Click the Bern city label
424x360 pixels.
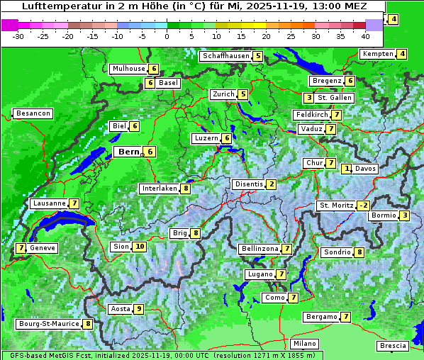pos(129,152)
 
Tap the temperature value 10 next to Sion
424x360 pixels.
pos(139,247)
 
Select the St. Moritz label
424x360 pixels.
pos(335,206)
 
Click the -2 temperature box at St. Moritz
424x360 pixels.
pos(363,206)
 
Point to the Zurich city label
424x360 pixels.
pos(223,94)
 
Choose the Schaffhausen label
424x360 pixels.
pos(225,56)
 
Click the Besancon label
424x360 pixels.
pos(33,113)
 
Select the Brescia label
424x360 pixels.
pos(393,346)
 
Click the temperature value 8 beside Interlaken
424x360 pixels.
pos(185,189)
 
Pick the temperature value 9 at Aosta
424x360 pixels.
pos(139,309)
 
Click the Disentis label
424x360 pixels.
pos(249,184)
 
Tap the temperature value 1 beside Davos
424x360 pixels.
pos(347,169)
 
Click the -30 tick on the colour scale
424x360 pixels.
pos(18,36)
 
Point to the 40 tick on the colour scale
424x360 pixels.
pos(365,36)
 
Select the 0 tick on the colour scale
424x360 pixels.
pos(167,36)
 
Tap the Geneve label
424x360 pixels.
pos(43,248)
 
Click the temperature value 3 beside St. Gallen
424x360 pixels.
pos(308,98)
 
